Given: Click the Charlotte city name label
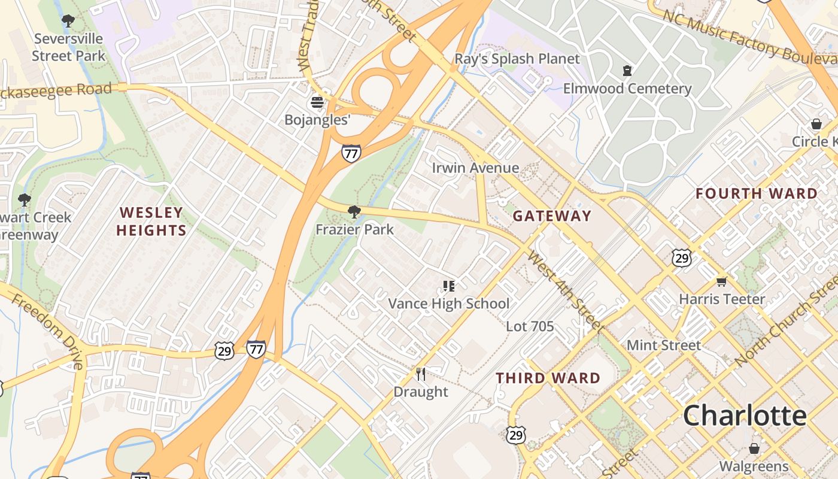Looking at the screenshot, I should (745, 415).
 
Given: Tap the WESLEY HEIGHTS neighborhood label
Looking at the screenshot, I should (151, 222).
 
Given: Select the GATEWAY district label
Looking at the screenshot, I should (552, 216).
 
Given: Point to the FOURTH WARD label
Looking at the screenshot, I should (757, 193).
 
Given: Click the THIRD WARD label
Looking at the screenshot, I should (548, 378).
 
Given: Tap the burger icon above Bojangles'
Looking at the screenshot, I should (317, 102).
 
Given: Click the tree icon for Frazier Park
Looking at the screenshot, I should (354, 211).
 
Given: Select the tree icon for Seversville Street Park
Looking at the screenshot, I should (68, 21).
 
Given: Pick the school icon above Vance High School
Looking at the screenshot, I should (448, 286).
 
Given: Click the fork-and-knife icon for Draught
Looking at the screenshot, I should (421, 374).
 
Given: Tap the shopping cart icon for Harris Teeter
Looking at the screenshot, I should (722, 281).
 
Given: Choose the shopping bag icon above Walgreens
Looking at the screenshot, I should (754, 448).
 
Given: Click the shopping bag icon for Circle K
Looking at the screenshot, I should (816, 124).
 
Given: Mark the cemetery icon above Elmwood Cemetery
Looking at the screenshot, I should (627, 71).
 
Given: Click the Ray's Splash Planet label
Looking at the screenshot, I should (517, 59).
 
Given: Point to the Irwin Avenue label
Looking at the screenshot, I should (475, 168).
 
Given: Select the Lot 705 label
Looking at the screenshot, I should (530, 326).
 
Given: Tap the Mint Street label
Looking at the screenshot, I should (663, 345).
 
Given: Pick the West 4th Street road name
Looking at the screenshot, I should (565, 291).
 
